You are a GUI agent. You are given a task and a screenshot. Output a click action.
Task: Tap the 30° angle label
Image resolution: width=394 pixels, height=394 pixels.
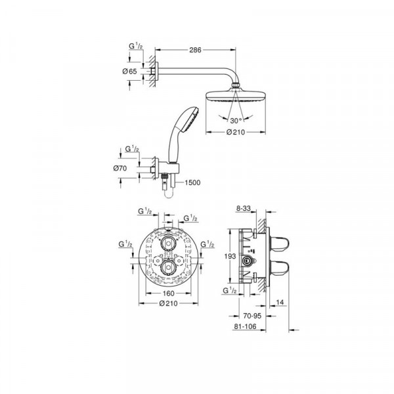pyautogui.click(x=236, y=120)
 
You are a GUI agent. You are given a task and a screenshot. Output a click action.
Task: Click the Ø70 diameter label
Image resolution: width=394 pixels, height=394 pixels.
pyautogui.click(x=120, y=169)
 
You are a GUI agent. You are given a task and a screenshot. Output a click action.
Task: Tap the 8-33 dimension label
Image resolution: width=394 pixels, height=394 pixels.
pyautogui.click(x=244, y=209)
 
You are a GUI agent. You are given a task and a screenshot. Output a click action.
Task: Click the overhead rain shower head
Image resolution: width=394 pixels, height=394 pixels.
pyautogui.click(x=234, y=95)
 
